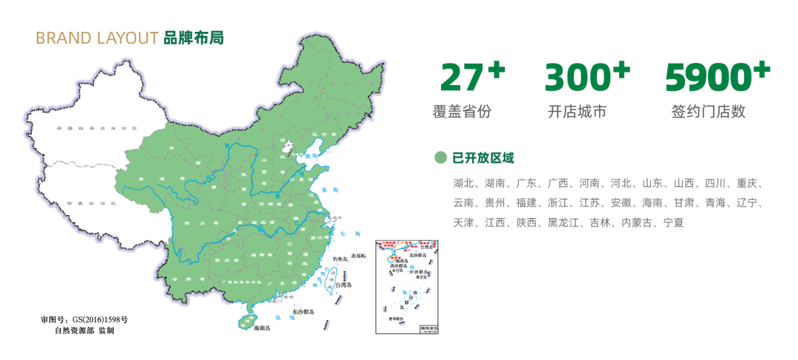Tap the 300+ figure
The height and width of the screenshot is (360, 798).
coord(587,77)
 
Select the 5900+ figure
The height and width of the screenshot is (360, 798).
coord(717,77)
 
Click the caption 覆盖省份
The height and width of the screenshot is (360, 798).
coord(462,112)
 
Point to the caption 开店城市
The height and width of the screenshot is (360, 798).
coord(577,112)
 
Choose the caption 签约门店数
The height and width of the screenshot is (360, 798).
coord(708,112)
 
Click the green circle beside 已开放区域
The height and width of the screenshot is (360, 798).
coord(440,157)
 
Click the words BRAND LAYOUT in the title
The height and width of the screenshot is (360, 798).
coord(97,38)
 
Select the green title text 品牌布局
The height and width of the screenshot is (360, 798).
coord(193,38)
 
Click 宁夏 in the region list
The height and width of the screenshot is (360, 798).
coord(673,222)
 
